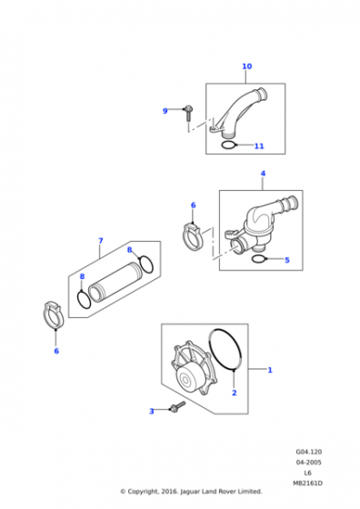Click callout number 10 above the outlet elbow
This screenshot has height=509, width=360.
pos(246,66)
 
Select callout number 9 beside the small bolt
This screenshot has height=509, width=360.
pos(165,111)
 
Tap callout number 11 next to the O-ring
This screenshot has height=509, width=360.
pos(259,145)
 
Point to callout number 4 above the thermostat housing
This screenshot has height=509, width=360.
pos(263,173)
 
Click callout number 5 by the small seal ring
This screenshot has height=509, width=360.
pos(286,260)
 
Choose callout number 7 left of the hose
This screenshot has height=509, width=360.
pos(100,241)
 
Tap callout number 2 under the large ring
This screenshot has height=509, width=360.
pos(234,393)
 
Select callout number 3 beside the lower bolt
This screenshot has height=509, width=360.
pos(152,412)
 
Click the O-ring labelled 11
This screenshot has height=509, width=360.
pos(229,143)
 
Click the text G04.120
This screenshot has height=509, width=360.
pos(308,451)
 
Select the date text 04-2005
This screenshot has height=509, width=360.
pos(308,463)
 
